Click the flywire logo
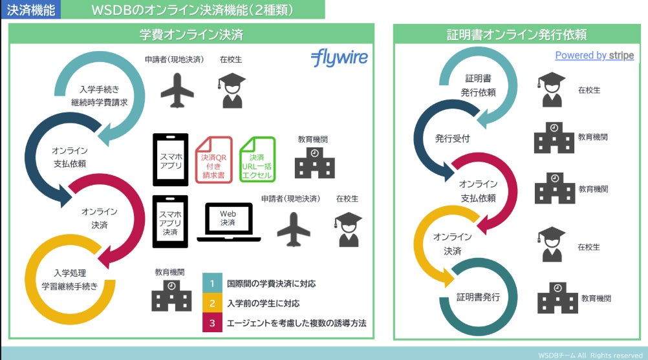coord(339,58)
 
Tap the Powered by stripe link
coord(594,56)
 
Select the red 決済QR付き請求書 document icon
coord(213,160)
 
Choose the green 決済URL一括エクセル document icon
coord(257,160)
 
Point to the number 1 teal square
coord(211,284)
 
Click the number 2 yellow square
coord(211,303)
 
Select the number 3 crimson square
coord(211,323)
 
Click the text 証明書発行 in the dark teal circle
coord(478,297)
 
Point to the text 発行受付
coord(452,138)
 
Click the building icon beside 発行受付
coord(553,138)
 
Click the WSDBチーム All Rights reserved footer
coord(590,355)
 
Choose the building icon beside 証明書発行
coord(555,298)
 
